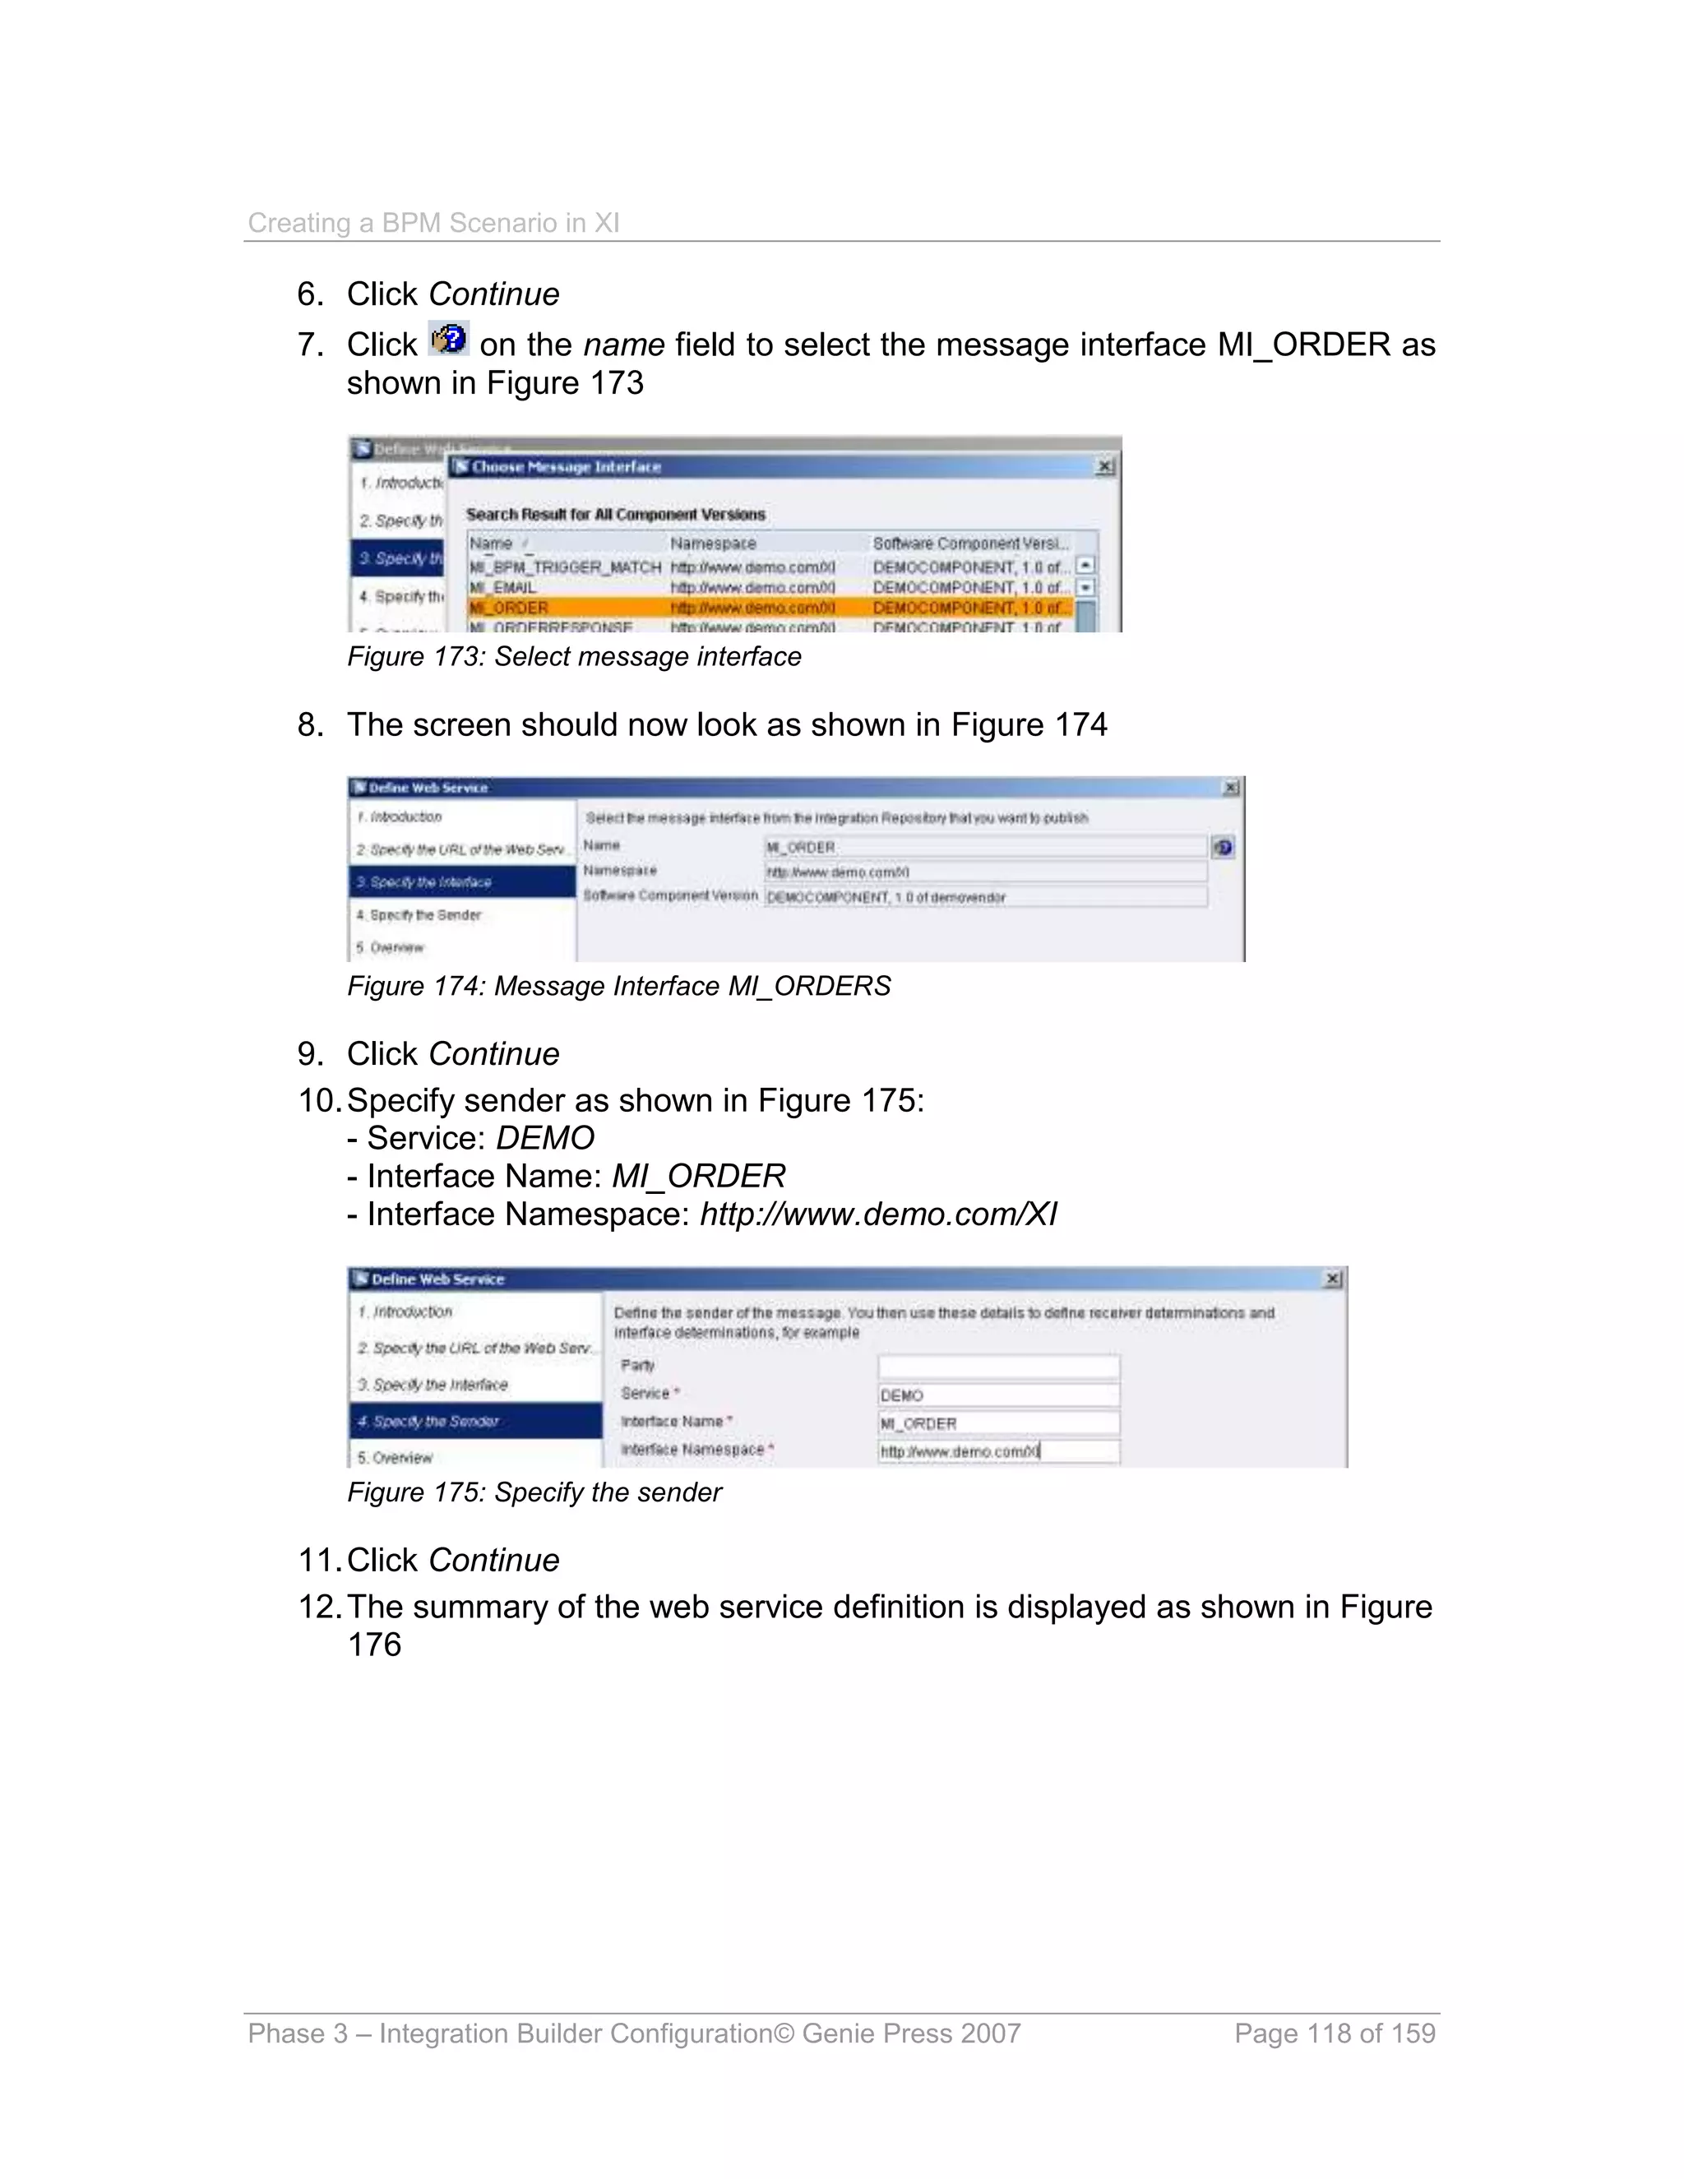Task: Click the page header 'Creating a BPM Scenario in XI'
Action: pyautogui.click(x=433, y=223)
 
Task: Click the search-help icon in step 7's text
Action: pyautogui.click(x=448, y=340)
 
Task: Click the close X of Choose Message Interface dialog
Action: pyautogui.click(x=1104, y=466)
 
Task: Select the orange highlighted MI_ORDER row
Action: pyautogui.click(x=768, y=608)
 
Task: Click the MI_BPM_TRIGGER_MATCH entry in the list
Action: pyautogui.click(x=565, y=567)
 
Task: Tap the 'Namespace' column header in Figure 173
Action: pyautogui.click(x=712, y=543)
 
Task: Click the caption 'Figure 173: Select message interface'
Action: pyautogui.click(x=574, y=656)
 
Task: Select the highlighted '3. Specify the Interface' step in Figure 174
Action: pyautogui.click(x=462, y=882)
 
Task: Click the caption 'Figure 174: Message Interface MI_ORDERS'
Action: pyautogui.click(x=618, y=986)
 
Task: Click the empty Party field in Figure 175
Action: pyautogui.click(x=997, y=1365)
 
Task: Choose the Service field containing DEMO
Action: pyautogui.click(x=997, y=1395)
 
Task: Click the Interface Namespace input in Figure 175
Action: pyautogui.click(x=997, y=1450)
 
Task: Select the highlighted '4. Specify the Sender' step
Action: pyautogui.click(x=475, y=1421)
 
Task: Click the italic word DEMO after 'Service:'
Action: pyautogui.click(x=544, y=1138)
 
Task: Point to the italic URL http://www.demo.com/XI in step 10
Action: pyautogui.click(x=878, y=1214)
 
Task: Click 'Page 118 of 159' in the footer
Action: pyautogui.click(x=1334, y=2033)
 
